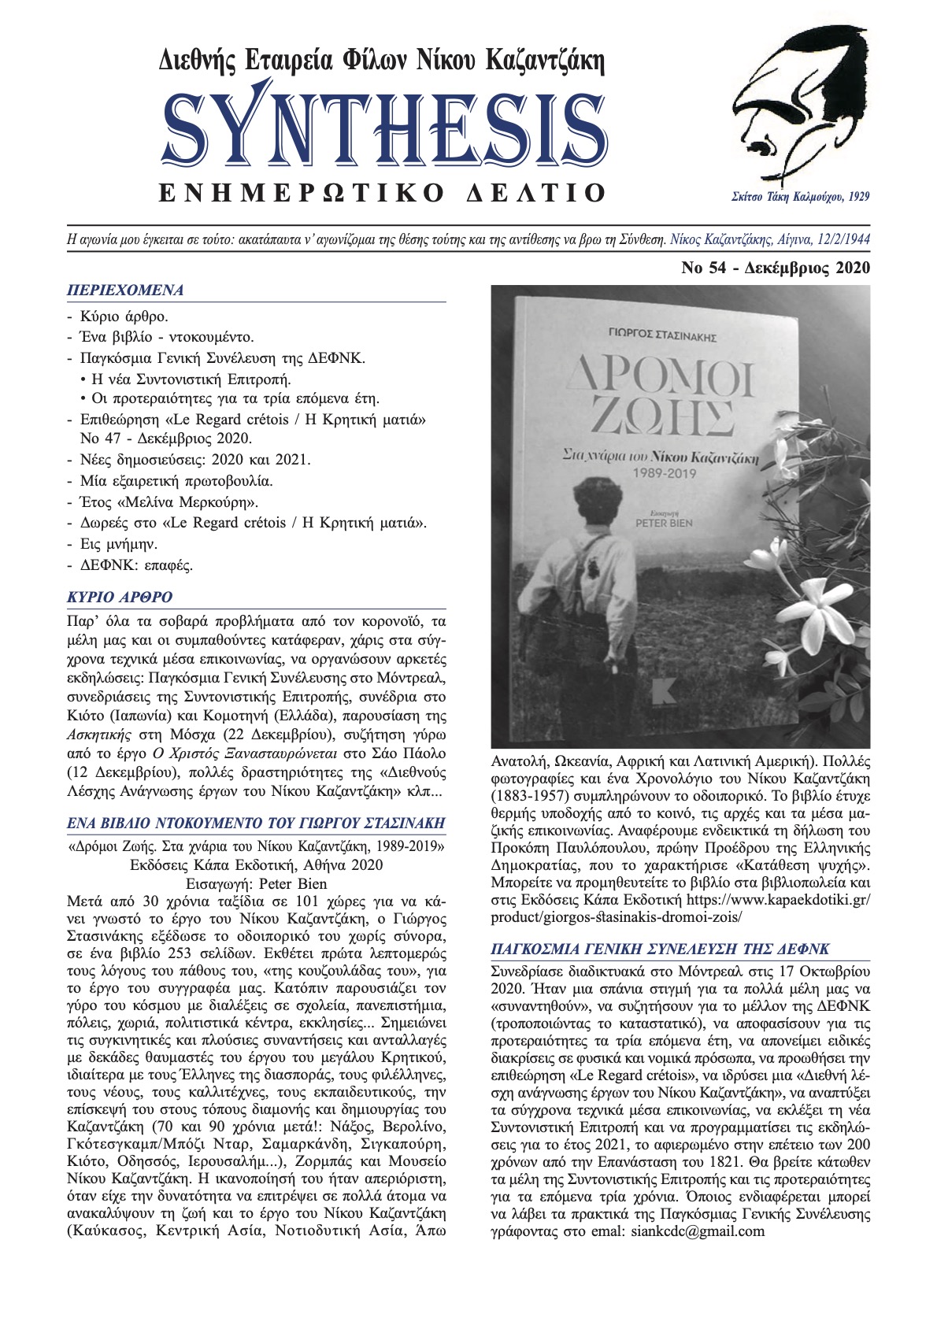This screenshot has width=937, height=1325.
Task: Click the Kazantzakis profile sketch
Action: pyautogui.click(x=796, y=106)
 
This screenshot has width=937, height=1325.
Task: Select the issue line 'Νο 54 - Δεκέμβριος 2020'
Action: pyautogui.click(x=776, y=268)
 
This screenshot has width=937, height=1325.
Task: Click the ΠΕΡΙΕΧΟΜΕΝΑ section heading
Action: pyautogui.click(x=125, y=290)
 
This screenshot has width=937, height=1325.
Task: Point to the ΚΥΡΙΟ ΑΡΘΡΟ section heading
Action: pyautogui.click(x=119, y=597)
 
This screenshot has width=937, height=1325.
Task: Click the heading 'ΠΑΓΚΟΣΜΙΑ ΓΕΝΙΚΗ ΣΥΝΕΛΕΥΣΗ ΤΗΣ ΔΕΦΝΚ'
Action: pyautogui.click(x=660, y=949)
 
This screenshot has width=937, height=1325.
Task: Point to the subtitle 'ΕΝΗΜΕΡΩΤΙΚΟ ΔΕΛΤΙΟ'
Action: pyautogui.click(x=383, y=193)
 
